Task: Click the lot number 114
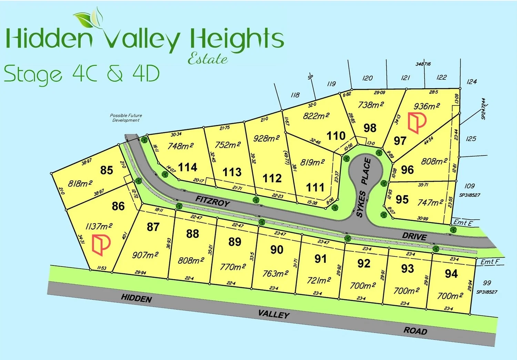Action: click(188, 167)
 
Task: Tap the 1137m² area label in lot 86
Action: click(99, 227)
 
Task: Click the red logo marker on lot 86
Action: click(101, 244)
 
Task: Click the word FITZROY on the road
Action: click(212, 201)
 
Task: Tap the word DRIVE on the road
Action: click(414, 237)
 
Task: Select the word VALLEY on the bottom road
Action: click(274, 314)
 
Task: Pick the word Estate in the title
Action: click(207, 59)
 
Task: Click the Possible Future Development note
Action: click(126, 118)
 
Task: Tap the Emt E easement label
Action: click(463, 223)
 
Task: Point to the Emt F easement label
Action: click(490, 262)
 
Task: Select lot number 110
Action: click(336, 136)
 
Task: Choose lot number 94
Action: click(451, 274)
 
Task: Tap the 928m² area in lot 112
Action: click(266, 138)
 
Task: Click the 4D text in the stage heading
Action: click(146, 73)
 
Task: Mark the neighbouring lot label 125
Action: click(471, 139)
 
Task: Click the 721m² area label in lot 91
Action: click(319, 280)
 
